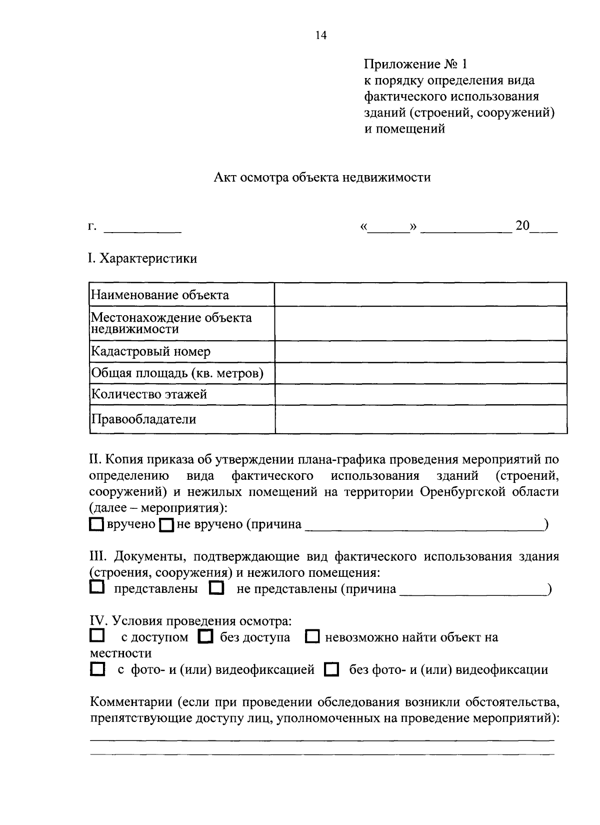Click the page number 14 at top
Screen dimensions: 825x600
[320, 35]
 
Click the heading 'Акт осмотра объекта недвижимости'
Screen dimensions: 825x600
[322, 178]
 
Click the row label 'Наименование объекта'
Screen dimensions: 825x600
[159, 295]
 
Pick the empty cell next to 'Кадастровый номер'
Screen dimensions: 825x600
[420, 351]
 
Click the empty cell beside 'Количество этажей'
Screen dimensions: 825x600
[420, 394]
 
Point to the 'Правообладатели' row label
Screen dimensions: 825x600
[143, 419]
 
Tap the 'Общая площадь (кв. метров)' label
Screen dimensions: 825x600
[177, 373]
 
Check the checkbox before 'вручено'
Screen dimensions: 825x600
[96, 524]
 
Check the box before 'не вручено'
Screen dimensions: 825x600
[166, 525]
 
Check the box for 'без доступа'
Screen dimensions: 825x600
[205, 637]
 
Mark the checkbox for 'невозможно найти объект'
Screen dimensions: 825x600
[312, 637]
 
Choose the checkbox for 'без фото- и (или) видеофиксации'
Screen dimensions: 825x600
[331, 669]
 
